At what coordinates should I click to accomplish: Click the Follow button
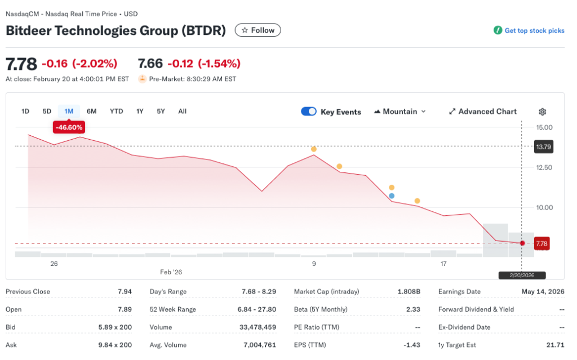pos(258,30)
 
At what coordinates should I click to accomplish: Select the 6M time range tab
pos(91,111)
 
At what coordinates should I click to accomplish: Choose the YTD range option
pos(116,111)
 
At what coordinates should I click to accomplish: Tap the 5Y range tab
pos(161,111)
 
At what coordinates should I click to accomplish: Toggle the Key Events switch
pos(309,112)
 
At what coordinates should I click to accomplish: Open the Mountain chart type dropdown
pos(400,112)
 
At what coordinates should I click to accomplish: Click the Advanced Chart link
pos(482,112)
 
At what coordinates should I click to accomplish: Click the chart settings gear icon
pos(543,112)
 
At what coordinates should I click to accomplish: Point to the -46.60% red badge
pos(69,127)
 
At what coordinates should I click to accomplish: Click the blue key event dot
pos(392,196)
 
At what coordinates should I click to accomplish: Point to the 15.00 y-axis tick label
pos(544,127)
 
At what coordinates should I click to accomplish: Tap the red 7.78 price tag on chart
pos(542,243)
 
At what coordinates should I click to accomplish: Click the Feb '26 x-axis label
pos(171,272)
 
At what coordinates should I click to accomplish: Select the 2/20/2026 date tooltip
pos(522,275)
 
